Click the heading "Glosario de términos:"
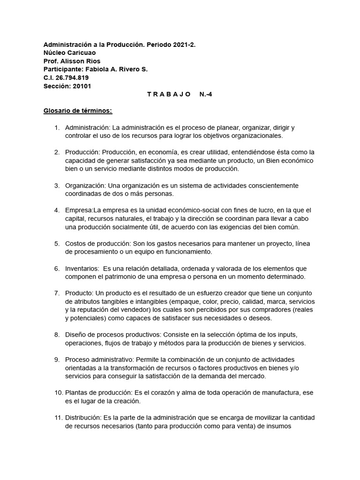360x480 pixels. [x=78, y=111]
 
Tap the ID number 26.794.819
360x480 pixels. [x=72, y=77]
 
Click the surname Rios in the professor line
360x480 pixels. [x=92, y=61]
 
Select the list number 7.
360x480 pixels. [x=57, y=293]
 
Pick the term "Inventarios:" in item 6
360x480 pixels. [x=82, y=269]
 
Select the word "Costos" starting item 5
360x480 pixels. [x=76, y=244]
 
